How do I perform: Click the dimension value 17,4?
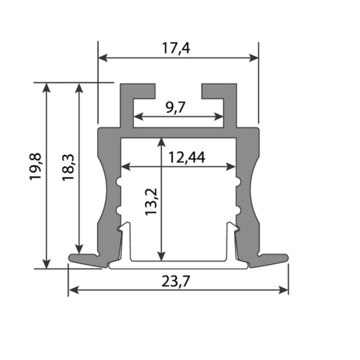[x=178, y=48]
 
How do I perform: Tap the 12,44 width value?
[x=178, y=158]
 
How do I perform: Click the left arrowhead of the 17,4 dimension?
[x=103, y=57]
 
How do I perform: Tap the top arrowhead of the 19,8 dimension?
[x=47, y=87]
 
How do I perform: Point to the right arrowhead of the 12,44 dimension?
[x=231, y=168]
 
